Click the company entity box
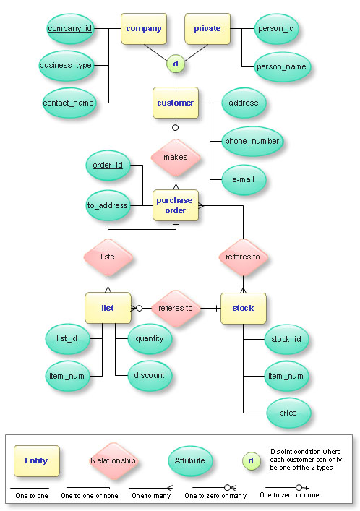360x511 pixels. pyautogui.click(x=143, y=29)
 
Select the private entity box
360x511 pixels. pyautogui.click(x=207, y=29)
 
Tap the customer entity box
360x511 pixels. pyautogui.click(x=175, y=103)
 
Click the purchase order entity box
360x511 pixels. pyautogui.click(x=175, y=205)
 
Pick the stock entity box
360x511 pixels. pyautogui.click(x=243, y=308)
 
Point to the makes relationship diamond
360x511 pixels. pyautogui.click(x=175, y=156)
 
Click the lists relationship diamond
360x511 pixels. pyautogui.click(x=108, y=256)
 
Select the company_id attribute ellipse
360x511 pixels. pyautogui.click(x=69, y=29)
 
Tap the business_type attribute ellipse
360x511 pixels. pyautogui.click(x=65, y=66)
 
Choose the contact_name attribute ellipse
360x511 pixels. pyautogui.click(x=69, y=103)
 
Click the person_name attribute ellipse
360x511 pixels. pyautogui.click(x=281, y=66)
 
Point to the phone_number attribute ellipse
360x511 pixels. pyautogui.click(x=252, y=141)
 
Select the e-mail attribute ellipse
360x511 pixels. pyautogui.click(x=243, y=179)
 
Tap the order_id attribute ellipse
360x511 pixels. pyautogui.click(x=108, y=166)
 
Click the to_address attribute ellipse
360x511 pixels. pyautogui.click(x=108, y=205)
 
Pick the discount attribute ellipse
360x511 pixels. pyautogui.click(x=149, y=375)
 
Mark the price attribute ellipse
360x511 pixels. pyautogui.click(x=287, y=413)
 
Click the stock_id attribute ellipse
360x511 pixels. pyautogui.click(x=286, y=338)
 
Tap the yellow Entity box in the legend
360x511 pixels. pyautogui.click(x=36, y=460)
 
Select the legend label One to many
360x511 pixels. pyautogui.click(x=150, y=496)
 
